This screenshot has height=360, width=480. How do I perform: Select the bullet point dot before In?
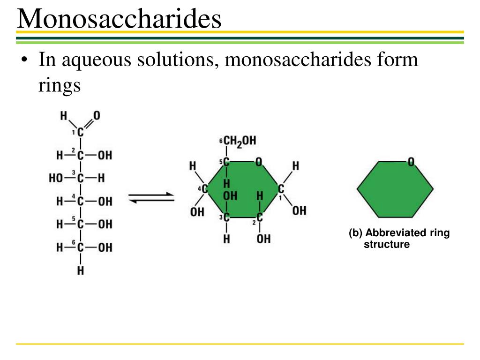tap(24, 61)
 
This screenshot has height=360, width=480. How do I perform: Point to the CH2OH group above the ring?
tap(240, 141)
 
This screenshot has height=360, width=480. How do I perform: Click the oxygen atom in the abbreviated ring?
tap(411, 162)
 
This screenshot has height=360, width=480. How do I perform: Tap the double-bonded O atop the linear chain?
tap(97, 115)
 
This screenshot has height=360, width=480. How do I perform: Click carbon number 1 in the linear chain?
tap(80, 133)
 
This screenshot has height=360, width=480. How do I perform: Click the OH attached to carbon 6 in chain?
tap(105, 247)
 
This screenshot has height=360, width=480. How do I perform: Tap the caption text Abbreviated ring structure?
tap(399, 239)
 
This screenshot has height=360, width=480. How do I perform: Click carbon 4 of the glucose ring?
tap(204, 189)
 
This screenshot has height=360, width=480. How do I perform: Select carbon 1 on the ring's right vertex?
tap(281, 189)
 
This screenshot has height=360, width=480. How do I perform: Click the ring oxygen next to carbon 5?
tap(258, 162)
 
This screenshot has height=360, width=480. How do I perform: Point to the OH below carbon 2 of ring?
tap(263, 239)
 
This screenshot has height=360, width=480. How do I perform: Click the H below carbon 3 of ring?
tap(226, 239)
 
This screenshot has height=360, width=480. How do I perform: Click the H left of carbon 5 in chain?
tap(60, 224)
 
